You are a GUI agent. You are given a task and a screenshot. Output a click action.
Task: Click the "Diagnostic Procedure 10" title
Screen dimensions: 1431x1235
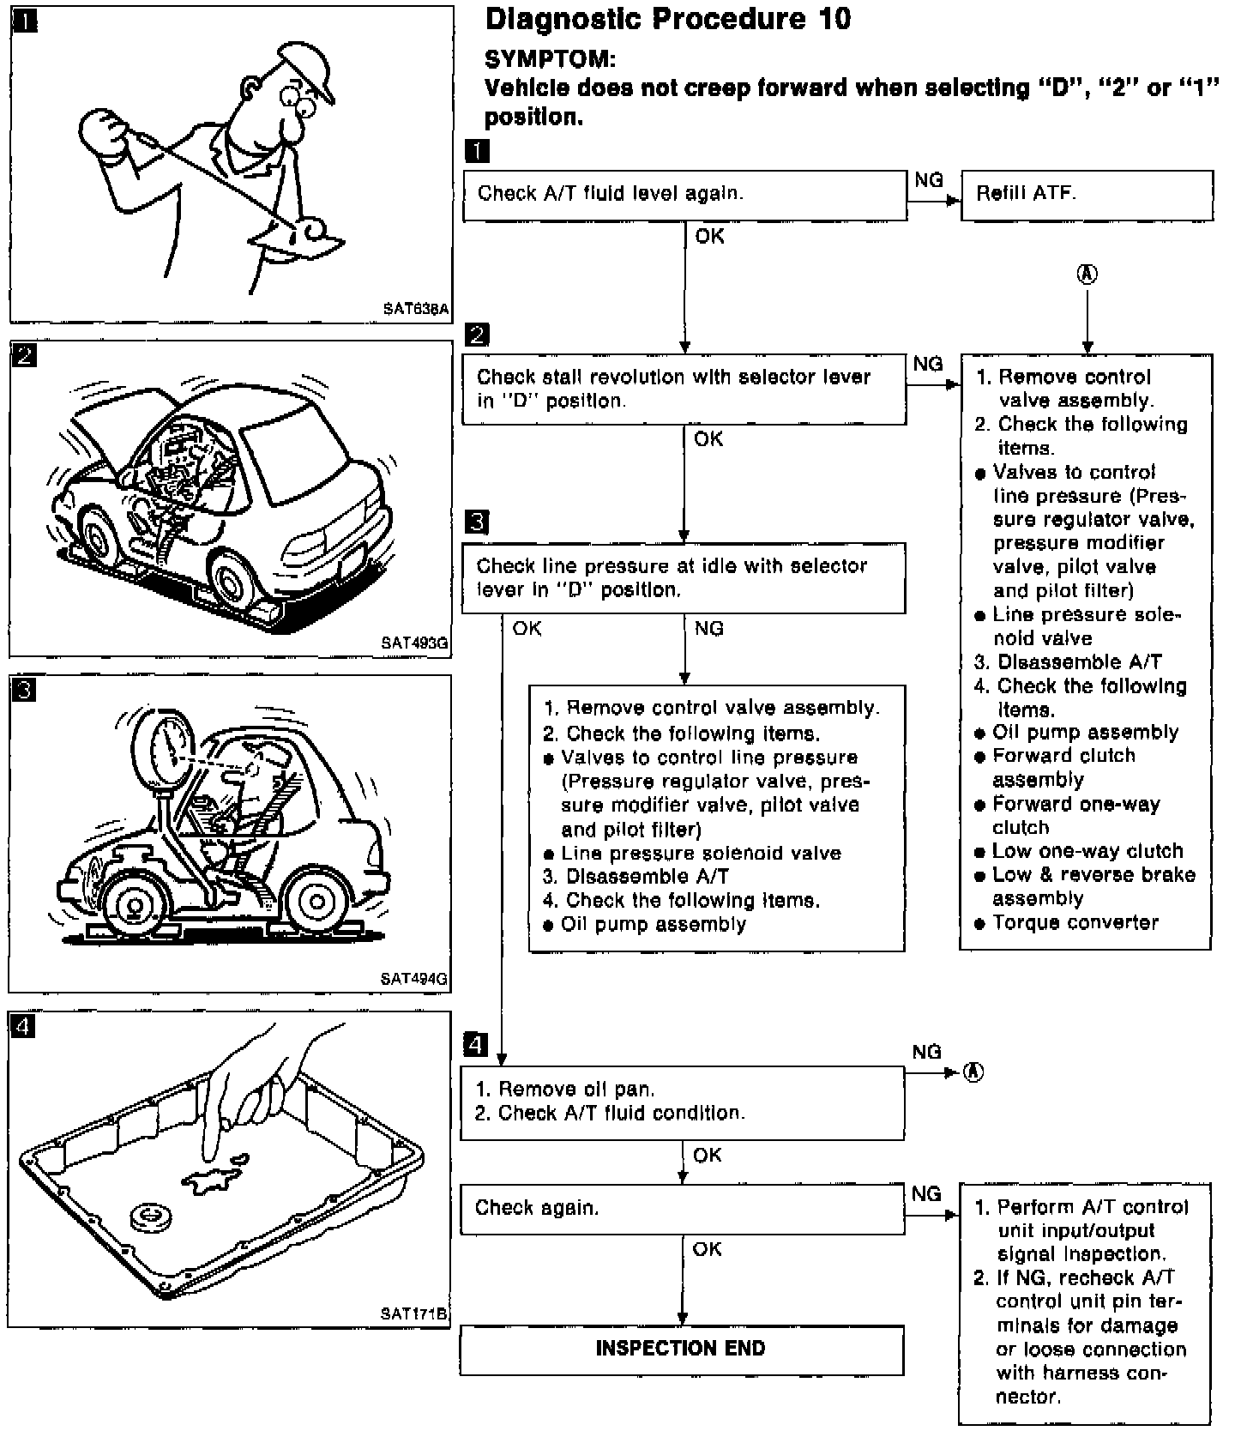point(667,19)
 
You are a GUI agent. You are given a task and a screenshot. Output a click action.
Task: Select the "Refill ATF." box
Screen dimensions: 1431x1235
point(1087,195)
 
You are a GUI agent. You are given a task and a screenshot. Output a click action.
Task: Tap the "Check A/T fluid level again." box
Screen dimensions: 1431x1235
point(684,195)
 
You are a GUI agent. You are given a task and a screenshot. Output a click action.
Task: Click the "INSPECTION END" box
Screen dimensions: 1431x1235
point(682,1349)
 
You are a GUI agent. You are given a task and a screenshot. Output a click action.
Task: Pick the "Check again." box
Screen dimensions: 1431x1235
point(682,1209)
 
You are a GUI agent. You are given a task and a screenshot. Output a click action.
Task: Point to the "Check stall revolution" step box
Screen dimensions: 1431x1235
point(684,389)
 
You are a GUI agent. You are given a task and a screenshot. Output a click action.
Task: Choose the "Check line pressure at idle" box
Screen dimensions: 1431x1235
point(683,577)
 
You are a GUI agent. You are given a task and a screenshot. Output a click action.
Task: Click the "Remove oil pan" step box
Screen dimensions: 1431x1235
point(682,1102)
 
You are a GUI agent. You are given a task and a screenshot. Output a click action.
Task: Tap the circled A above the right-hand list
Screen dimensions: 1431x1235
point(1087,275)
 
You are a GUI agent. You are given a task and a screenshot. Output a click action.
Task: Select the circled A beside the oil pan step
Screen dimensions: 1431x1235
point(973,1072)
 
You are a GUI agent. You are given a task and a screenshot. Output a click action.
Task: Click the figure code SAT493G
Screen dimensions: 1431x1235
point(415,643)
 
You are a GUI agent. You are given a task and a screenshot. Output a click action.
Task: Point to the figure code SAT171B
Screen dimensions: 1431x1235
point(415,1313)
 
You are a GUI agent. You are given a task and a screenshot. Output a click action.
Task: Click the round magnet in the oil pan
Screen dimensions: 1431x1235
point(153,1217)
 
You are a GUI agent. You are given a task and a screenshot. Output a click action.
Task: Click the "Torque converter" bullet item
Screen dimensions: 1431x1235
point(1075,923)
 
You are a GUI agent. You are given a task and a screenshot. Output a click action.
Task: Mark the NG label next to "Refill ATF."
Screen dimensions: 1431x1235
point(929,180)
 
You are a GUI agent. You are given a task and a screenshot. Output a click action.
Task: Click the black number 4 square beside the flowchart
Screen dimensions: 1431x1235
point(475,1045)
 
